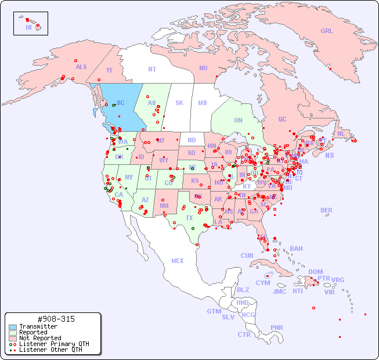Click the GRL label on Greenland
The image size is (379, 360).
[x=327, y=31]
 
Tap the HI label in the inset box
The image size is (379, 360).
[x=28, y=27]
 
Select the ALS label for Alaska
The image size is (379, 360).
[x=81, y=67]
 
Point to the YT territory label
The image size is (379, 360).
[x=109, y=70]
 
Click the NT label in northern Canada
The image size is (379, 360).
[x=151, y=69]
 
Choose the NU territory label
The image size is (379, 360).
[x=203, y=69]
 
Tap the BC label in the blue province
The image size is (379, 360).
[x=121, y=103]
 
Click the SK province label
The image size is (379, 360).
[x=179, y=103]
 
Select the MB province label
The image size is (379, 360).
[x=202, y=103]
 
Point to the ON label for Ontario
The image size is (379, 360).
[x=238, y=121]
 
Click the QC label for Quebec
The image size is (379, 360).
[x=282, y=120]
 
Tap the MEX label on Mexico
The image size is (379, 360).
[x=177, y=261]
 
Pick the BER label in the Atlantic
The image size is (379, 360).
[x=326, y=211]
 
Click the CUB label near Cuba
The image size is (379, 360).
[x=247, y=256]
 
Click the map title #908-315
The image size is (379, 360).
[x=56, y=319]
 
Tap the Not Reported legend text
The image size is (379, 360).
[x=39, y=338]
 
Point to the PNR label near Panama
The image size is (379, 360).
[x=277, y=327]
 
